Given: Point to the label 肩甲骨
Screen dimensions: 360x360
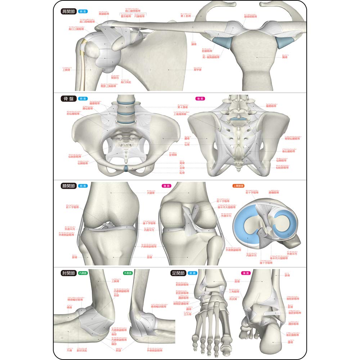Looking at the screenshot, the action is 198,70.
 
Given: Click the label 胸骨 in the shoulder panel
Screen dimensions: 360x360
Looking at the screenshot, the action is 284,57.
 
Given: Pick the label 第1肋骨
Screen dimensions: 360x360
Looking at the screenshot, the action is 187,16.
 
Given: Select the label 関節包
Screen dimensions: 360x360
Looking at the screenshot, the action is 106,77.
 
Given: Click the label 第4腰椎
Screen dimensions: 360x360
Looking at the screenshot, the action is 183,107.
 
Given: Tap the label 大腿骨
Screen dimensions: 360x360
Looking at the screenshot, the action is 150,193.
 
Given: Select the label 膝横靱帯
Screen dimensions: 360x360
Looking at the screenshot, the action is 275,193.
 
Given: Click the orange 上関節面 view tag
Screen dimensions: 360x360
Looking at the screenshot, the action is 239,186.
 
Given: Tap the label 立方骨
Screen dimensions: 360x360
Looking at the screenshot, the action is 186,314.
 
